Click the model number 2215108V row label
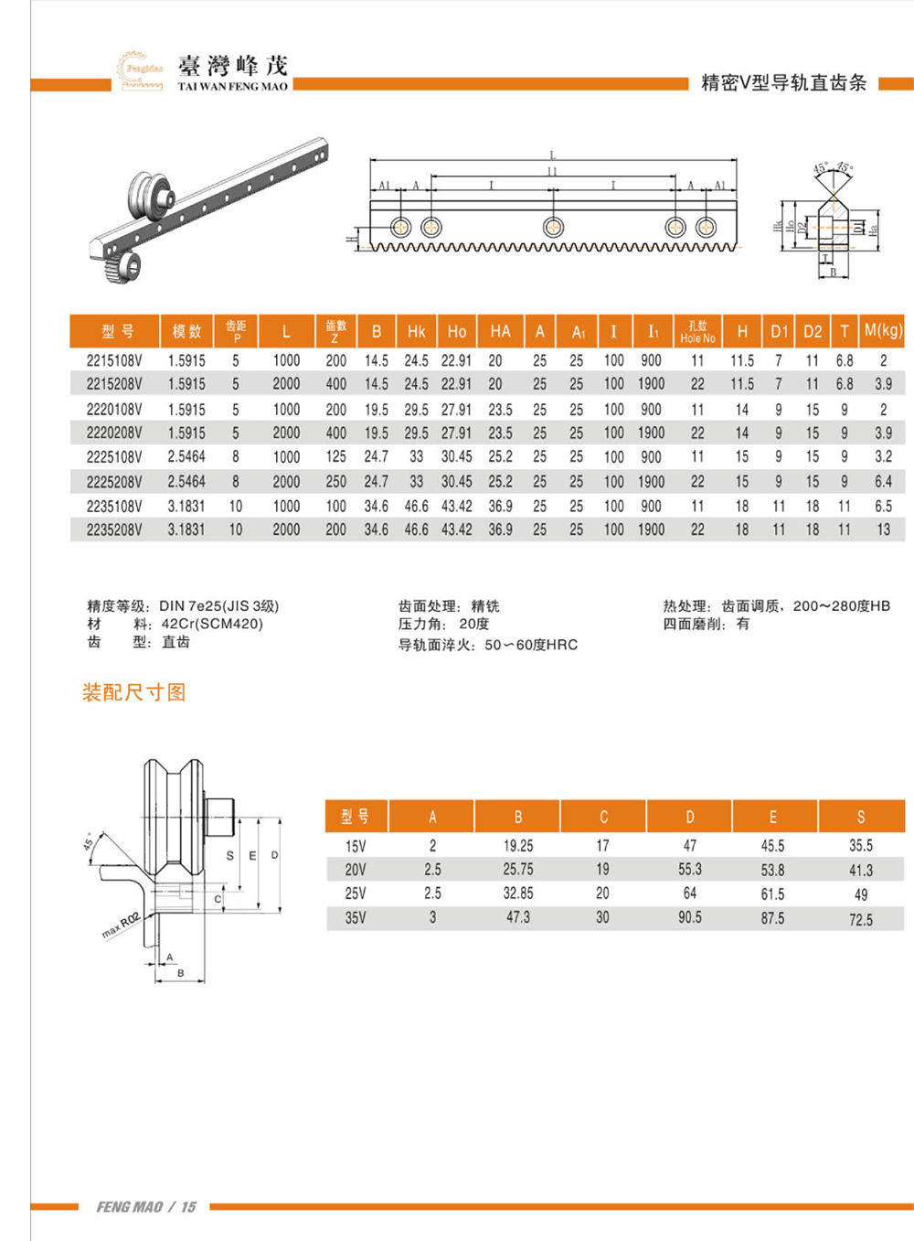coord(114,360)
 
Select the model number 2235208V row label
coord(114,530)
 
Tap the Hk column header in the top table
coord(416,331)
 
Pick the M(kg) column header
coord(883,330)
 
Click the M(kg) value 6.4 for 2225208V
coord(883,481)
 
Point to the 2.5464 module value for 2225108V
coord(186,456)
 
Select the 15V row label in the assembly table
coord(356,846)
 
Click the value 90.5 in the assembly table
coord(690,917)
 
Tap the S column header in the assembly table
coord(861,817)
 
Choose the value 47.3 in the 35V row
coord(518,917)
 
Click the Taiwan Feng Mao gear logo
coord(139,70)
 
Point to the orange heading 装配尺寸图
coord(133,692)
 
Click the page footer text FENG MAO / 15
coord(146,1207)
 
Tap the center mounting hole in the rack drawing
coord(553,227)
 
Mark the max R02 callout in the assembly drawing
coord(120,925)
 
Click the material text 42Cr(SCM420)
coord(212,624)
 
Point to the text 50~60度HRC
coord(531,645)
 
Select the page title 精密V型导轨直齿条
coord(783,82)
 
